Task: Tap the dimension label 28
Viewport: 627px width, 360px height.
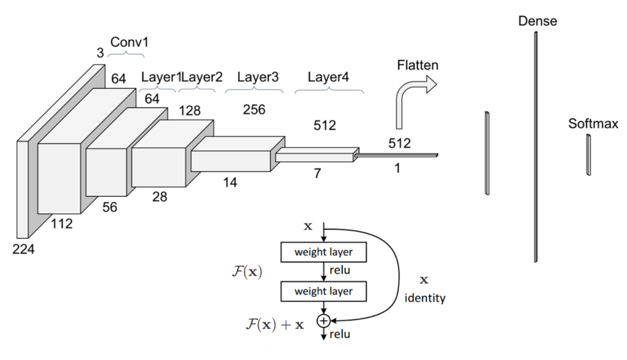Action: coord(160,197)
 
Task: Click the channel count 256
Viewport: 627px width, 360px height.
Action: coord(254,110)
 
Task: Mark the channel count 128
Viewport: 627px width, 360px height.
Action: coord(190,111)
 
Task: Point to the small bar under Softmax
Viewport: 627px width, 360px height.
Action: coord(588,155)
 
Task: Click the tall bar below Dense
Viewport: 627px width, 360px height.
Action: coord(536,145)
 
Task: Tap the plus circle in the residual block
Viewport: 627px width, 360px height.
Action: coord(323,321)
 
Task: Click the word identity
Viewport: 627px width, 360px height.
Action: coord(425,298)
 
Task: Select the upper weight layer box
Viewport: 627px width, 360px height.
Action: coord(323,251)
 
